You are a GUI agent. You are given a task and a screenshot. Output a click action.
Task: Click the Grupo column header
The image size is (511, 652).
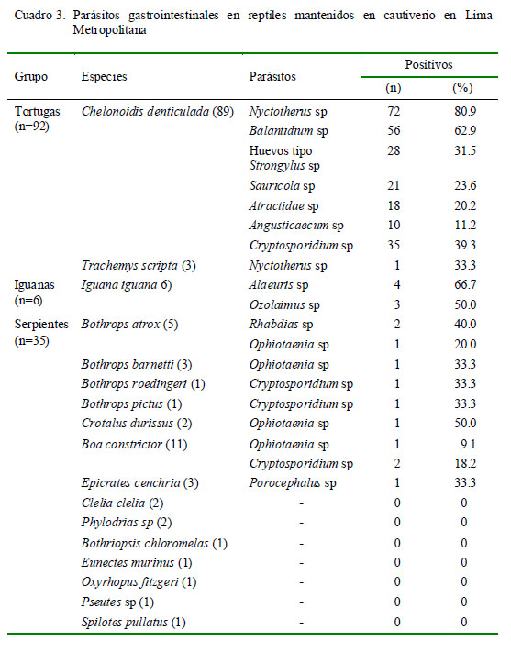click(31, 76)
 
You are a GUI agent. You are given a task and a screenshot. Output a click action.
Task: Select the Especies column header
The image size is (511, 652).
click(104, 76)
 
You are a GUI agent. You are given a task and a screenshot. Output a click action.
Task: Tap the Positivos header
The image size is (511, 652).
click(428, 65)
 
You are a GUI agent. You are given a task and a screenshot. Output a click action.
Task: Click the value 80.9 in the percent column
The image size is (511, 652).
click(465, 112)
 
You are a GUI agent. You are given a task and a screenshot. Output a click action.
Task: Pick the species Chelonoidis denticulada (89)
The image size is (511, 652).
click(158, 112)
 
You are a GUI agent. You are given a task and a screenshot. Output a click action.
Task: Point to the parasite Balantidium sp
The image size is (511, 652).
click(288, 131)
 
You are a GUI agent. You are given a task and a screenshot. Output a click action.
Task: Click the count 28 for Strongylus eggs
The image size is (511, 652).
click(394, 150)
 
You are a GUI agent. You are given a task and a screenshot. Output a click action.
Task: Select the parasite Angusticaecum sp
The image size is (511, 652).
click(296, 226)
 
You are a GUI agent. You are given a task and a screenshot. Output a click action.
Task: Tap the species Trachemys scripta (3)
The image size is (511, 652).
click(139, 265)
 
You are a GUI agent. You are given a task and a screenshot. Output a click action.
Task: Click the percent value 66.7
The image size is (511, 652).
click(465, 285)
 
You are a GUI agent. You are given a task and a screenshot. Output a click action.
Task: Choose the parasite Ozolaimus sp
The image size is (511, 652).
click(284, 304)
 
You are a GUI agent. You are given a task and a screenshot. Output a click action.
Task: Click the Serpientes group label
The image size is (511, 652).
click(41, 325)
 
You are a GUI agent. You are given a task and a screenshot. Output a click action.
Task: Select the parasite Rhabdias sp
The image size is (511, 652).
click(281, 325)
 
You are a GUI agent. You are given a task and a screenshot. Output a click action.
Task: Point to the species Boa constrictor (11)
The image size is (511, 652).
click(134, 445)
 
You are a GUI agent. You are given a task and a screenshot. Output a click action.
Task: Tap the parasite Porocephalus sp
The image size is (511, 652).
click(293, 483)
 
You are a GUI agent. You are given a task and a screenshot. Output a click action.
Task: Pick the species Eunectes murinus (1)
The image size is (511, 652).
click(137, 563)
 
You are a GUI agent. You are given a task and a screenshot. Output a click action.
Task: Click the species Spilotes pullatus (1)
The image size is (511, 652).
click(134, 623)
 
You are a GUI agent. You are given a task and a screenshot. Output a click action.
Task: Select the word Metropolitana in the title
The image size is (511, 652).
click(109, 30)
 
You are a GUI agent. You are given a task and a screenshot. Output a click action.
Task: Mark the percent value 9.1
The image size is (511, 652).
click(468, 445)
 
